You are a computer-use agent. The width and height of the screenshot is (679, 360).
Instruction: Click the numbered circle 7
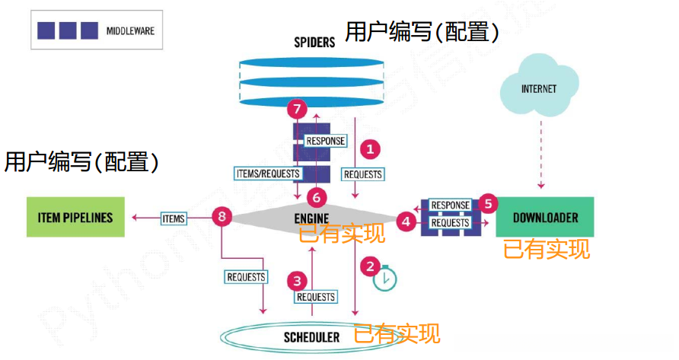click(x=297, y=110)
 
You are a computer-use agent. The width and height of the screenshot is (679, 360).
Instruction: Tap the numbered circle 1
click(x=370, y=148)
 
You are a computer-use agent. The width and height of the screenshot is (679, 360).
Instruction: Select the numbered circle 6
click(x=317, y=197)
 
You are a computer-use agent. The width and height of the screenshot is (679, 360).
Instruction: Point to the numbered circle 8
click(x=222, y=218)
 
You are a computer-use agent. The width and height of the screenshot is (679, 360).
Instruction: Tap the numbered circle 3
click(x=298, y=280)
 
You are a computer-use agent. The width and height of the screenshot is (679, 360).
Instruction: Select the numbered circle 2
click(x=370, y=266)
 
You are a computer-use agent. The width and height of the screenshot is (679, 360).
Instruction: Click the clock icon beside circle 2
click(x=385, y=279)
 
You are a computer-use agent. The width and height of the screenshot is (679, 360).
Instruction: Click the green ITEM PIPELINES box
click(x=75, y=218)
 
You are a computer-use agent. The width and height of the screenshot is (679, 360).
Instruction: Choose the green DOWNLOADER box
click(x=544, y=218)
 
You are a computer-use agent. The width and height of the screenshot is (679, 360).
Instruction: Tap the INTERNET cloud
click(x=538, y=90)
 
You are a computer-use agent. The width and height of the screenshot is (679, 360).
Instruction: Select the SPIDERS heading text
click(x=314, y=43)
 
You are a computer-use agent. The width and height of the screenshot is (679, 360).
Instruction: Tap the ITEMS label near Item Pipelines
click(x=173, y=218)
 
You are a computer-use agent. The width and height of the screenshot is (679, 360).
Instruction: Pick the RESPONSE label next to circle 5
click(x=450, y=205)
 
